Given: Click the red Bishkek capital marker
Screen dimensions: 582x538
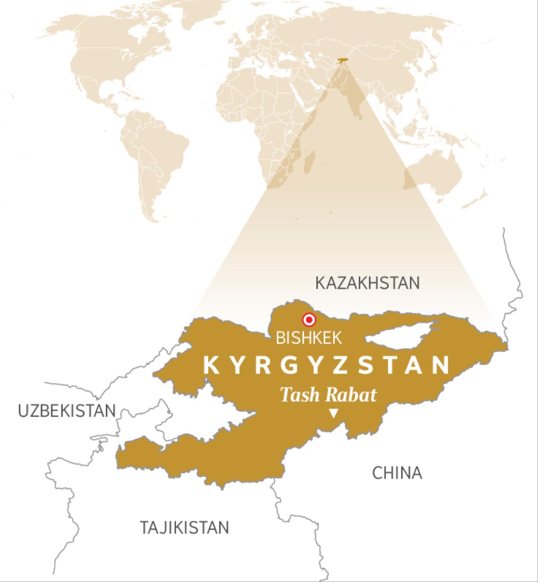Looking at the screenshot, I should (309, 320).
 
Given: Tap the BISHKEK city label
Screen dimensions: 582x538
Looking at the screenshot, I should (308, 338).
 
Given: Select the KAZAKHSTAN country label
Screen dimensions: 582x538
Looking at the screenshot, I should (367, 283).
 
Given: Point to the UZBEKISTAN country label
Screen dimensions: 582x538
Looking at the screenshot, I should (67, 410).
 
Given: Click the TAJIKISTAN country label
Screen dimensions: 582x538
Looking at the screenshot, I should (184, 527).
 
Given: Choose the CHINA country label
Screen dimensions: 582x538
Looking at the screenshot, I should (397, 473).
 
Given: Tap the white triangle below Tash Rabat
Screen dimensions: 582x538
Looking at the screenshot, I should (333, 414).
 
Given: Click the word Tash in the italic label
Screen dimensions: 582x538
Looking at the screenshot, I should (299, 395).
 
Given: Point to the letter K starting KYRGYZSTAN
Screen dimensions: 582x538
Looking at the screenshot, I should (211, 365).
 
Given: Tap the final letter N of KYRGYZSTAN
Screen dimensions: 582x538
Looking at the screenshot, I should (442, 365).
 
